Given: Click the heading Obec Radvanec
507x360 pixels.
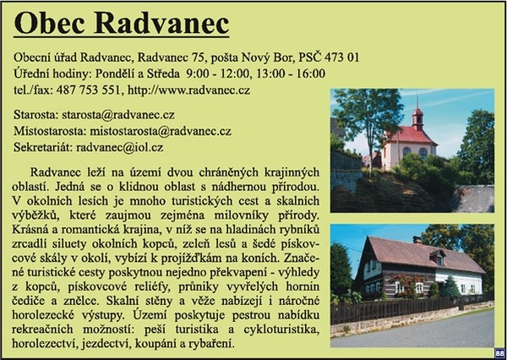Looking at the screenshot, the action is tap(122, 24).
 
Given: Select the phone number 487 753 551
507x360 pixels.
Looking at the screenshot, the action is tap(88, 90).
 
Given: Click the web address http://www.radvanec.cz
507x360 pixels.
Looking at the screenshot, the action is tap(188, 90).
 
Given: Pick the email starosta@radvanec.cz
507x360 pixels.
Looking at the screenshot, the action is tap(118, 115).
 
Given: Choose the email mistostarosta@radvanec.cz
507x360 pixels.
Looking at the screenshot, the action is tap(161, 131).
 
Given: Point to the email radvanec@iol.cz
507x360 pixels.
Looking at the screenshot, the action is tap(120, 148).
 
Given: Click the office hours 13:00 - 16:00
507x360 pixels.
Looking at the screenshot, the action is tap(291, 74).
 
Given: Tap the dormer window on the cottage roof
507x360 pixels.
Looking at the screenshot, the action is tap(438, 258).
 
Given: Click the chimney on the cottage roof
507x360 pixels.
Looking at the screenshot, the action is tap(417, 240).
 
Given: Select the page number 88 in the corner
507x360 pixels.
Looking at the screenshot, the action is tap(499, 353).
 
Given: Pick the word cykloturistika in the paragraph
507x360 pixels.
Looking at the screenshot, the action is tap(281, 330).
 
